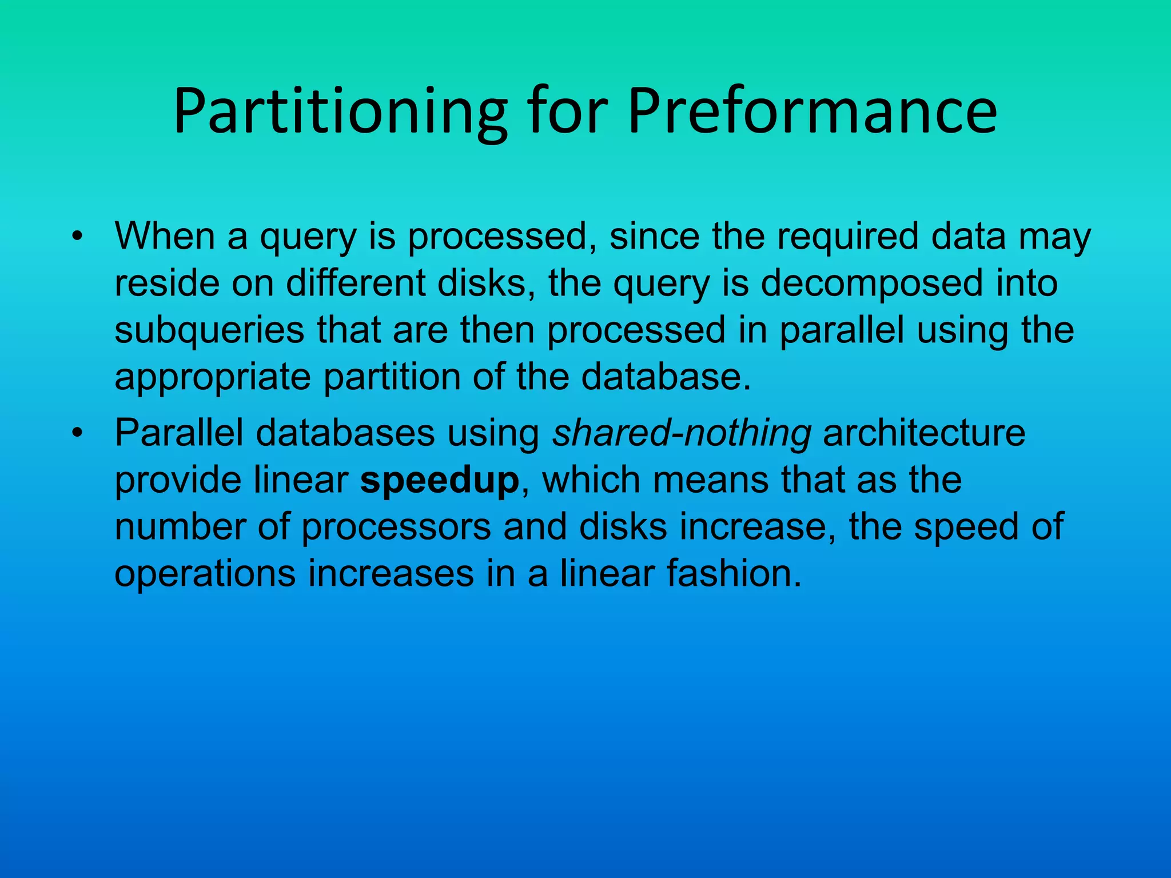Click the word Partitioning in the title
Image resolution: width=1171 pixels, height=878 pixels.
point(340,111)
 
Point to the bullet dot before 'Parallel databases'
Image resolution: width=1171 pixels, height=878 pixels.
point(78,433)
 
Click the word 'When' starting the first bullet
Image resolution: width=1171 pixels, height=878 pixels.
point(165,236)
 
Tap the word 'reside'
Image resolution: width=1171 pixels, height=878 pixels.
point(167,283)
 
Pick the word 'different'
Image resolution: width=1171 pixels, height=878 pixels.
point(356,283)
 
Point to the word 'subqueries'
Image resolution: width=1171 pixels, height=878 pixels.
point(209,331)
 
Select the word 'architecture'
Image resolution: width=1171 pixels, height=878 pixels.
point(924,433)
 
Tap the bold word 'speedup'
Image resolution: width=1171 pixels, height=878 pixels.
point(439,480)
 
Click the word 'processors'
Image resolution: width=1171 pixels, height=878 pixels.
point(396,526)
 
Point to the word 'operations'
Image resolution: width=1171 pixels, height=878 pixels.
point(205,573)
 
